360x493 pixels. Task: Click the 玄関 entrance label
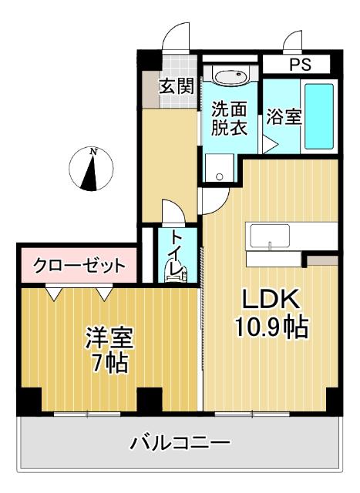tap(177, 86)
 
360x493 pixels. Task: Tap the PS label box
tap(297, 65)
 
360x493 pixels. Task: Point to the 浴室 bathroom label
tap(284, 118)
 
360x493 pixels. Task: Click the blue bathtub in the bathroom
tap(318, 116)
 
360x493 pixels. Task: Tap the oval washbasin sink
tap(229, 77)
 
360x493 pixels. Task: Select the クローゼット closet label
tap(79, 267)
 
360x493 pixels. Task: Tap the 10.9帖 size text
tap(271, 329)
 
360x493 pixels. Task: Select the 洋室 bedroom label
tap(109, 337)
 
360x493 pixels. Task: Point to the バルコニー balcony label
tap(180, 444)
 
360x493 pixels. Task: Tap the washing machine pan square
tap(219, 168)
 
